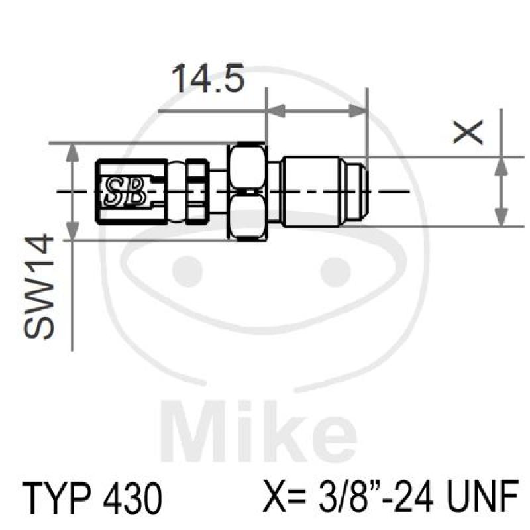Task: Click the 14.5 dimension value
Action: (208, 79)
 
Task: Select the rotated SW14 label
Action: (42, 286)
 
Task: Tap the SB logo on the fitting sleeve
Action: (125, 191)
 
